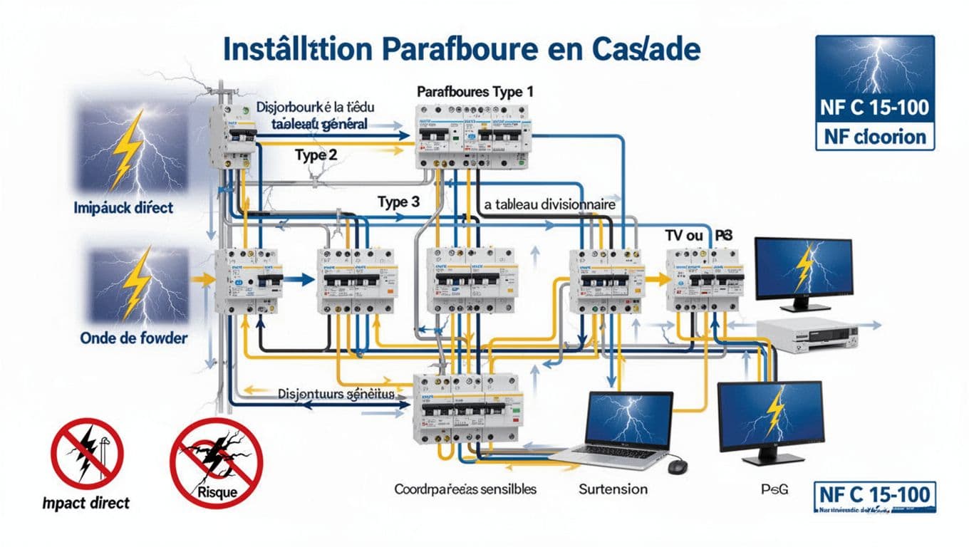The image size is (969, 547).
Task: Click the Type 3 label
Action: (398, 202)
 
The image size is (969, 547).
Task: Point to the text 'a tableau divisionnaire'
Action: (549, 204)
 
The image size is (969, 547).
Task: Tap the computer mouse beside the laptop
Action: (677, 466)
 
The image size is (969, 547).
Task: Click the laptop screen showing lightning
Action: (628, 421)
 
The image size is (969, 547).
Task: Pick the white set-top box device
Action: (804, 335)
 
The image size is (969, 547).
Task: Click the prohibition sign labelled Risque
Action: (216, 463)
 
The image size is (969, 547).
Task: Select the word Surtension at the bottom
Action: (613, 489)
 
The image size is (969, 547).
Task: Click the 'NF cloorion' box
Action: (874, 136)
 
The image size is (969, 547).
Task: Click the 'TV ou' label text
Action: (680, 235)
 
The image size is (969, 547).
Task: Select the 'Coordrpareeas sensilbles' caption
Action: (465, 489)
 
